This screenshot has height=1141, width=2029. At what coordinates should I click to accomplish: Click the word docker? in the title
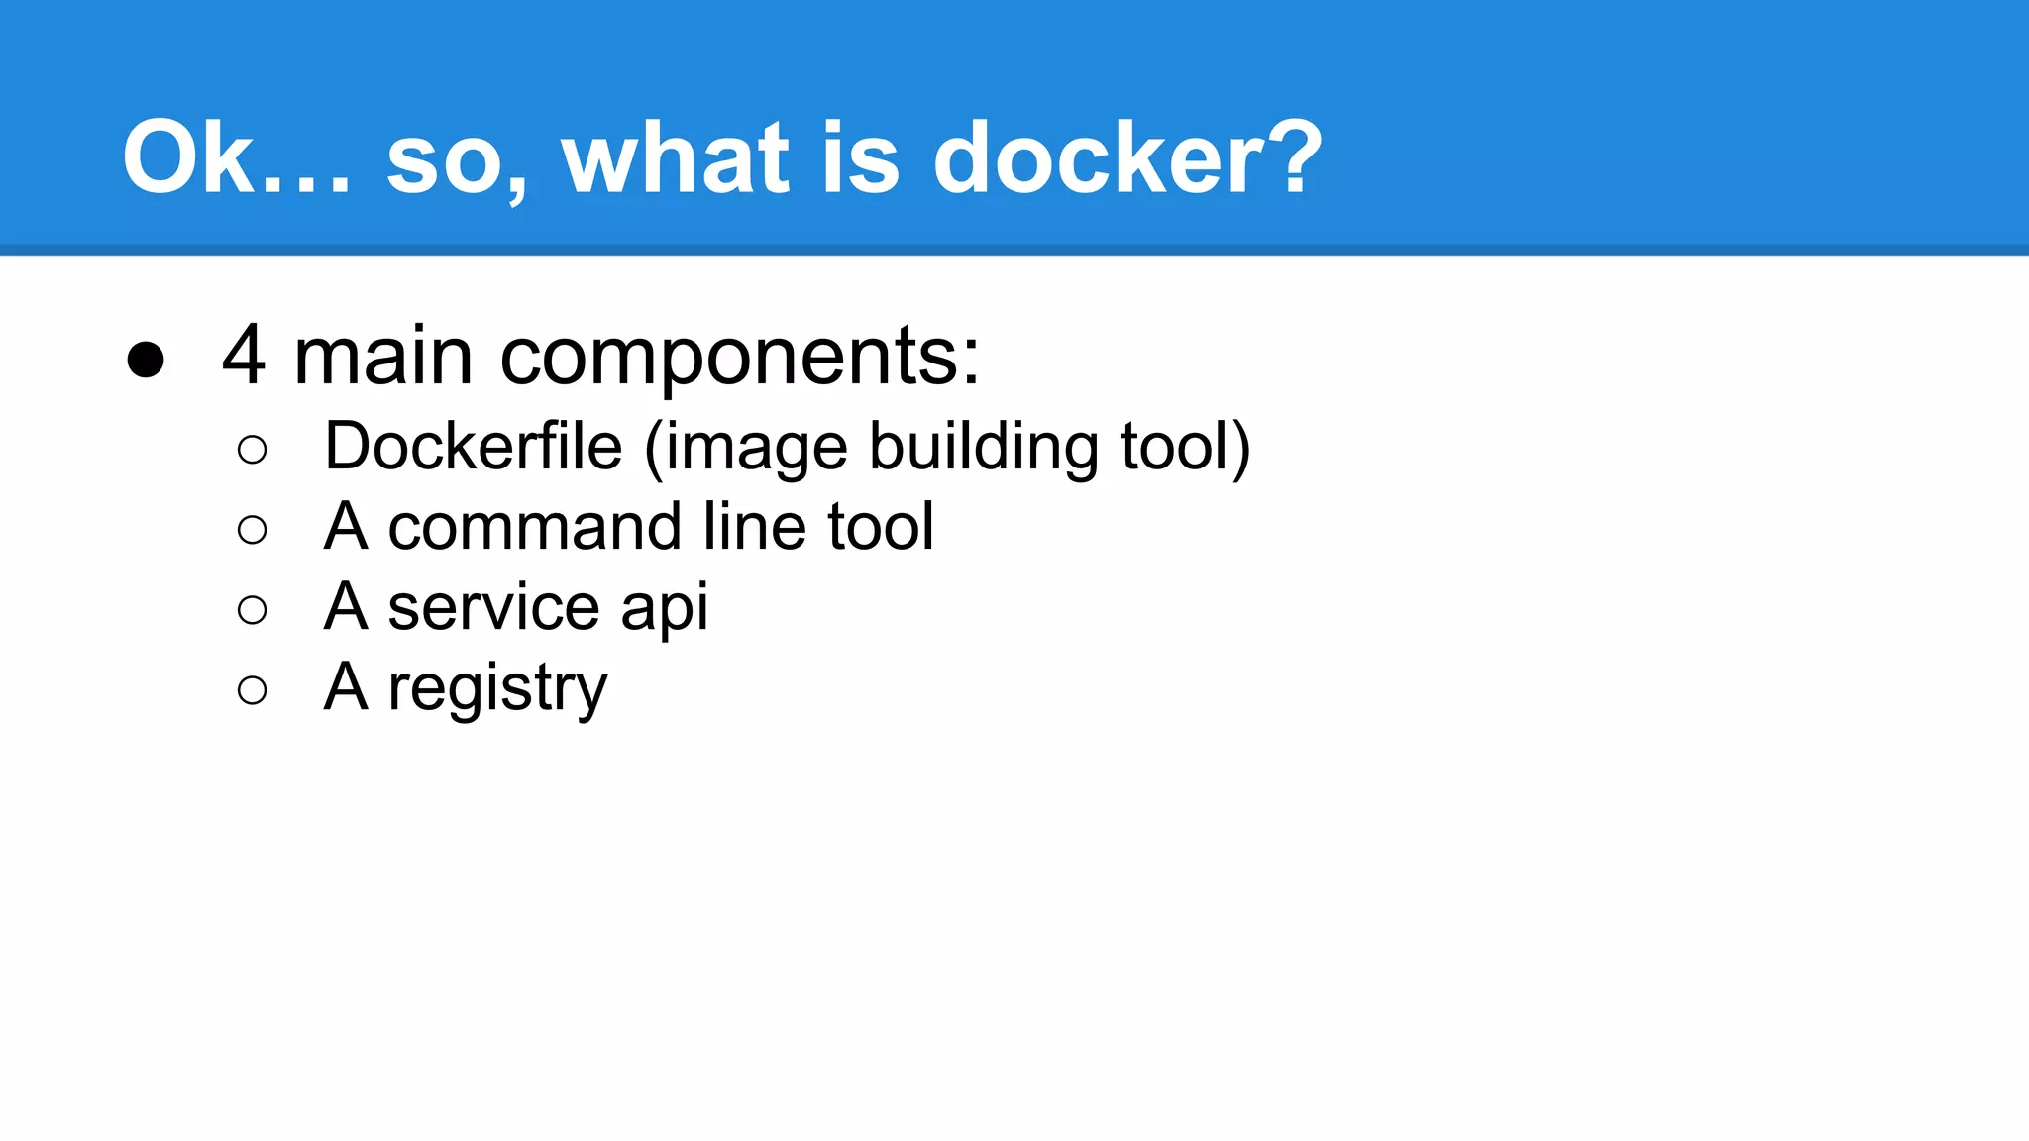[1126, 158]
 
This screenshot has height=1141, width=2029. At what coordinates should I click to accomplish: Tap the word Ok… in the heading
[236, 158]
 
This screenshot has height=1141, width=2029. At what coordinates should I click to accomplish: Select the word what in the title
[675, 158]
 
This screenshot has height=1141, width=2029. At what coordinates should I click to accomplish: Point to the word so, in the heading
[457, 163]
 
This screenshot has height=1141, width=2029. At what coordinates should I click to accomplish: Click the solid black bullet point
[146, 360]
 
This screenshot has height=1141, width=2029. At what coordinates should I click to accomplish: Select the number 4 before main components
[244, 356]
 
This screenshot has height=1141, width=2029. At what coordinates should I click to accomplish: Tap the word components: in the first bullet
[739, 359]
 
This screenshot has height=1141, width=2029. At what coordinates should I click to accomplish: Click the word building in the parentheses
[983, 448]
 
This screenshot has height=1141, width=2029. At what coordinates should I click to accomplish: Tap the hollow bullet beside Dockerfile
[253, 451]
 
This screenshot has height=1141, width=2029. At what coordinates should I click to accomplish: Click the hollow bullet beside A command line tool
[253, 530]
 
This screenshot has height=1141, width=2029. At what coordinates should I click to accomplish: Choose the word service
[493, 607]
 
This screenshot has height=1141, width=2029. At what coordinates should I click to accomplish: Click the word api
[664, 609]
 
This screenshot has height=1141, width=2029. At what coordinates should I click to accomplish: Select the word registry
[497, 689]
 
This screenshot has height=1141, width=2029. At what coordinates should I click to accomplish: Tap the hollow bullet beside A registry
[253, 690]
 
